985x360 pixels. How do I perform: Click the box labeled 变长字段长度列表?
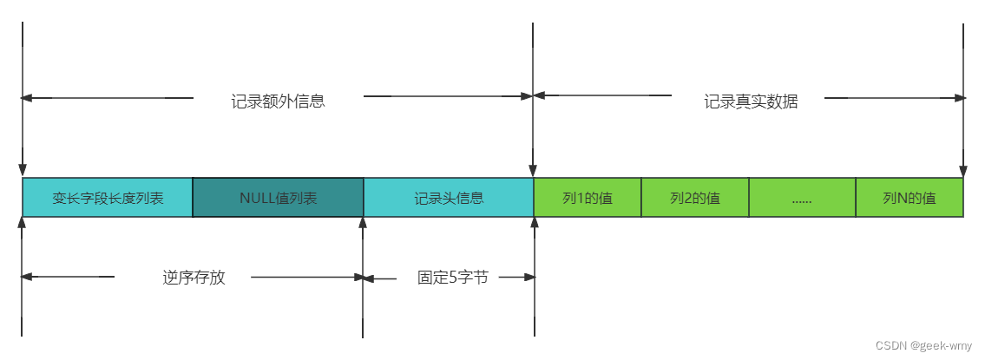click(x=108, y=198)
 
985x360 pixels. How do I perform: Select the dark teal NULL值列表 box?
click(x=278, y=198)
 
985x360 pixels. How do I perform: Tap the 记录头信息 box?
click(x=448, y=198)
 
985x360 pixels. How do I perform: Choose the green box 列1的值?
click(x=587, y=198)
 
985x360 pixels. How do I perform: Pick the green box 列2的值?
click(x=694, y=198)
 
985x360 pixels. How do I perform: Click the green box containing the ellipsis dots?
click(x=802, y=198)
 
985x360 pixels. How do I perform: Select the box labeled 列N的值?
click(x=909, y=198)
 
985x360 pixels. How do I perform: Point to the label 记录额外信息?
click(x=278, y=101)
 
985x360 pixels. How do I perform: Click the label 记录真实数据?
click(x=750, y=101)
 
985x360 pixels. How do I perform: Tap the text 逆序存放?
click(x=194, y=278)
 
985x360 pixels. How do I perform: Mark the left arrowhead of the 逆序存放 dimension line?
click(x=27, y=277)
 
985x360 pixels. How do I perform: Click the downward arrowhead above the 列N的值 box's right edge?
click(x=962, y=171)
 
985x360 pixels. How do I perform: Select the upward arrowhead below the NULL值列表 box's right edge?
click(x=363, y=223)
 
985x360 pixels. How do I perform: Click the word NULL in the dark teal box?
click(x=257, y=198)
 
